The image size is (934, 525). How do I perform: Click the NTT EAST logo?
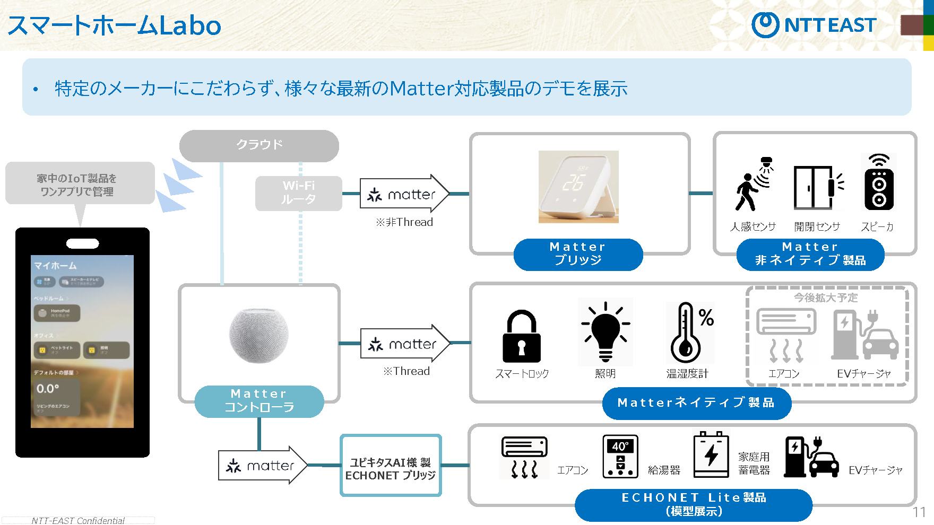814,25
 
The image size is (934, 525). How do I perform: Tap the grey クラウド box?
259,145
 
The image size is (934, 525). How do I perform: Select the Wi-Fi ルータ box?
298,193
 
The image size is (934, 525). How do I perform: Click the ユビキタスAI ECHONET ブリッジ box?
391,466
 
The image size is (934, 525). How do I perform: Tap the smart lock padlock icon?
521,336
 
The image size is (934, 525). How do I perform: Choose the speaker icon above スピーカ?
879,182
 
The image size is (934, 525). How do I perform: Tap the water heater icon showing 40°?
620,457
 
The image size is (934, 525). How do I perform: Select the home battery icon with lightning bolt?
711,455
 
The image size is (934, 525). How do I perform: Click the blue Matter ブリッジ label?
578,254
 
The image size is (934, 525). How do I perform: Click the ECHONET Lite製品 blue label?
694,504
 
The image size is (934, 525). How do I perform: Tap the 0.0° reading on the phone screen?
48,389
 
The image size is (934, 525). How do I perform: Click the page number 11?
919,512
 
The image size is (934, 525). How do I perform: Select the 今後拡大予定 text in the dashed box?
826,297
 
